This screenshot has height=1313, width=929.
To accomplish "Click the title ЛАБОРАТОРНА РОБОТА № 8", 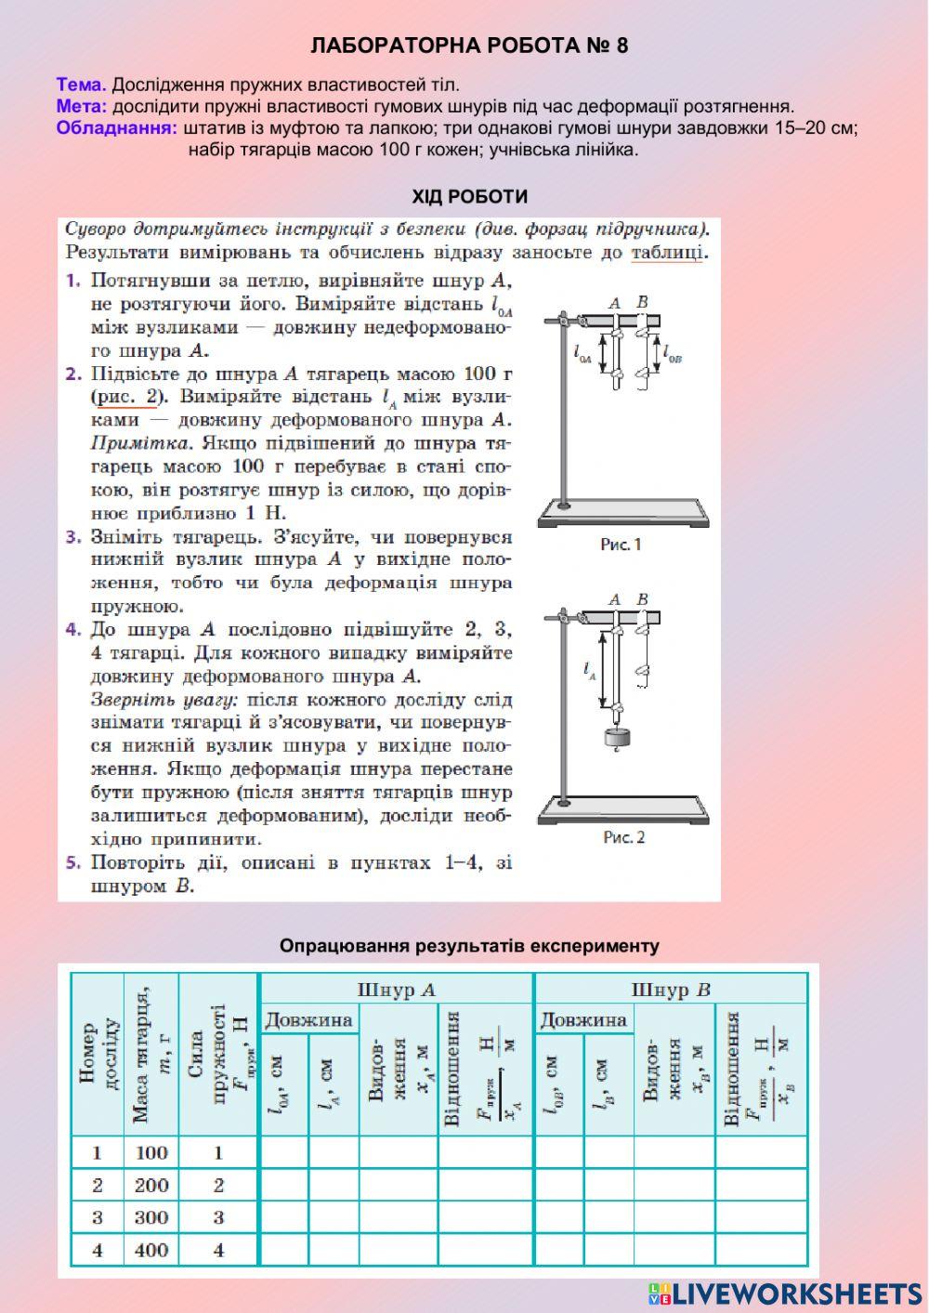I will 469,46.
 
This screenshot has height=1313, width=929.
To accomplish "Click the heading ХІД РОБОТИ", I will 470,196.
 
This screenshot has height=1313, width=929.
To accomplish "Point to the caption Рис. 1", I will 621,545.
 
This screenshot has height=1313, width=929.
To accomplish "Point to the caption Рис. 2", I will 623,837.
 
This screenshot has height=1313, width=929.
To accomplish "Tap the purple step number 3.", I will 73,537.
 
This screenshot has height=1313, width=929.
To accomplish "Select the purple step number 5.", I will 73,862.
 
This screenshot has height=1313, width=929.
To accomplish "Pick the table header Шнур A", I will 397,990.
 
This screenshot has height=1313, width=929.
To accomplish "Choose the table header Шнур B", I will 671,990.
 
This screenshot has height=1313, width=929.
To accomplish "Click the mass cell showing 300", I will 150,1217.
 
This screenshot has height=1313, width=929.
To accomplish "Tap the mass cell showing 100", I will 150,1152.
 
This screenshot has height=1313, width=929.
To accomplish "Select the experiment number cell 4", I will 98,1250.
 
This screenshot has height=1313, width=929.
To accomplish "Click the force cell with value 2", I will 218,1185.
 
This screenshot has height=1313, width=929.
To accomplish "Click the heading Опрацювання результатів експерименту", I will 469,946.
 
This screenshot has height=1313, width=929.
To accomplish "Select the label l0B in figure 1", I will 672,354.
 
